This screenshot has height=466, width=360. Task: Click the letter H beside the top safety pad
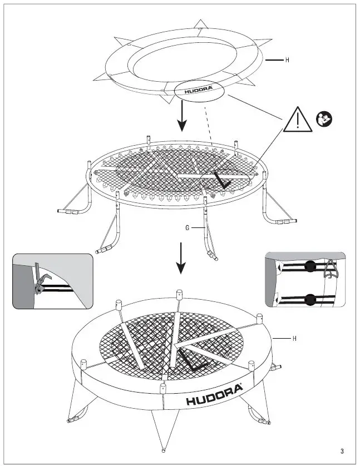point(287,60)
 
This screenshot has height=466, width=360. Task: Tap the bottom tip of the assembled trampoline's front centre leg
point(162,449)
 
